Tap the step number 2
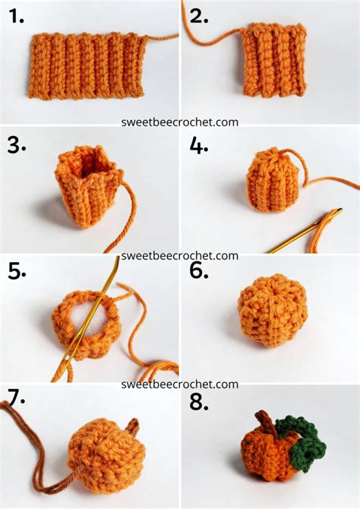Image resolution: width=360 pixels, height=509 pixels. [198, 16]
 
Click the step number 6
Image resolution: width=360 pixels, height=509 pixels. [199, 271]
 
